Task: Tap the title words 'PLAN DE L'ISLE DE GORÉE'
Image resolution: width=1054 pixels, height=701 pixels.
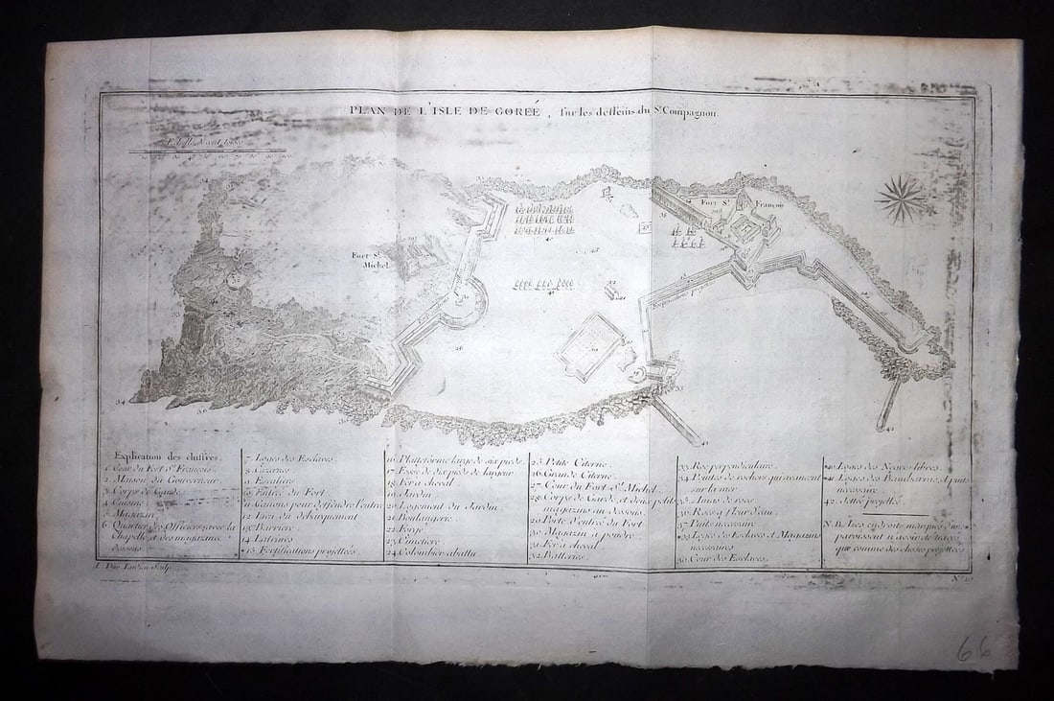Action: tap(443, 111)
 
